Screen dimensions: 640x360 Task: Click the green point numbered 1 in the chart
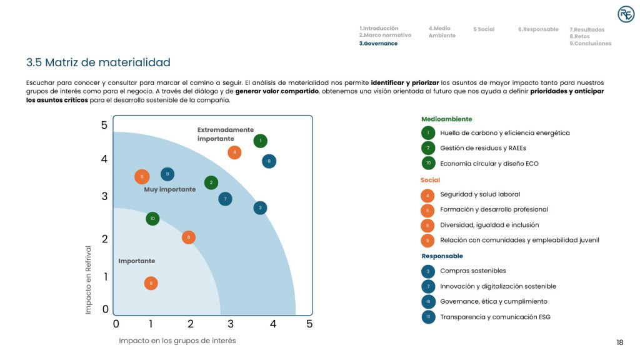pos(261,141)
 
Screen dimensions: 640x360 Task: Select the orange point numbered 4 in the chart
pos(234,152)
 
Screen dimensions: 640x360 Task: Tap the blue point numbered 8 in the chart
pos(269,161)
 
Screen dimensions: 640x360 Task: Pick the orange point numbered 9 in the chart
pos(151,283)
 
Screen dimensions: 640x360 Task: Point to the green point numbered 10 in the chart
pos(152,218)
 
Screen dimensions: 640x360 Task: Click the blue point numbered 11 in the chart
pos(167,174)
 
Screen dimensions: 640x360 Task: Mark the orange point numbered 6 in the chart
pos(189,237)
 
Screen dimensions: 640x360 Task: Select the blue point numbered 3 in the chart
pos(260,207)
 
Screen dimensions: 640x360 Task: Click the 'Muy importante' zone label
pos(170,189)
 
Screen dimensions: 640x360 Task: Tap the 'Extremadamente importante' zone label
pos(226,134)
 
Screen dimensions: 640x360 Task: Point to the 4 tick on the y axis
pos(104,159)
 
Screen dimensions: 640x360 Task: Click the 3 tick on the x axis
pos(231,324)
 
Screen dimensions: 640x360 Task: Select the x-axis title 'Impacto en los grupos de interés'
pos(177,341)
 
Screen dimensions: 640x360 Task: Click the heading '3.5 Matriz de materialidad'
pos(98,62)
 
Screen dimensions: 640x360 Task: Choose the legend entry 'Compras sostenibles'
pos(473,271)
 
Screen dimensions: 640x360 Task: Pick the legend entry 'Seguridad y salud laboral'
pos(480,194)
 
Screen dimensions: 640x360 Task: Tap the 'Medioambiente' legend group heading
pos(446,119)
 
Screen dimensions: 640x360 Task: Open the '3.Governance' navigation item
pos(378,43)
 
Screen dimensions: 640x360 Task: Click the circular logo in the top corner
pos(626,14)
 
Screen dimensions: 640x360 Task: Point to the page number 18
pos(620,342)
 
